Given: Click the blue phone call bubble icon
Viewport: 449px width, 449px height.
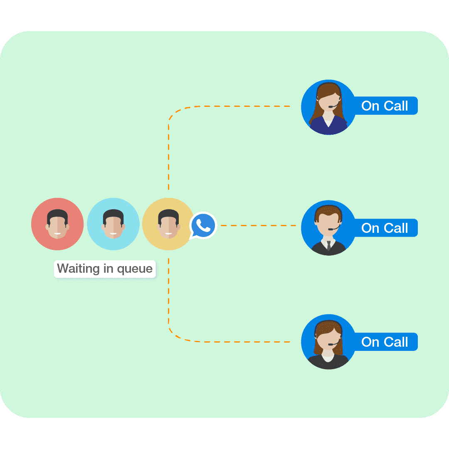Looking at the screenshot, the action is (x=203, y=225).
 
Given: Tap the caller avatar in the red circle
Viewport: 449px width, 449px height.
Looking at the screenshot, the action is (x=57, y=224).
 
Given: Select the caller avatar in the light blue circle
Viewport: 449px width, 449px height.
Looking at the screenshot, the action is (x=113, y=224).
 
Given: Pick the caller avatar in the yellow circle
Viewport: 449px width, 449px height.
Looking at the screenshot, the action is (x=168, y=224).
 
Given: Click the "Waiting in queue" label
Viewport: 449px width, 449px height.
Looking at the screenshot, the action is (x=105, y=269).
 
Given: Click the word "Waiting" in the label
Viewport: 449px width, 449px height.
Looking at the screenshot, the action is (x=78, y=269).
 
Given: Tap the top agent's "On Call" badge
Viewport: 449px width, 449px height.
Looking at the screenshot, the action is (x=385, y=106).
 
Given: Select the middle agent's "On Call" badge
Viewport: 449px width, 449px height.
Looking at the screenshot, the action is (x=385, y=228).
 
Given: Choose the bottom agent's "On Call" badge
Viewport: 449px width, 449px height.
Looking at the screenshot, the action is (x=385, y=342).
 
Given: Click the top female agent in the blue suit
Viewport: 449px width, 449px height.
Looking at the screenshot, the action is (x=328, y=107).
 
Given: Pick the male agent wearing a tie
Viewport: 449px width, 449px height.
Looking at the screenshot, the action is (x=328, y=228).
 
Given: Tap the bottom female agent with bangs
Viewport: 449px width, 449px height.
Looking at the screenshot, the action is (x=328, y=342).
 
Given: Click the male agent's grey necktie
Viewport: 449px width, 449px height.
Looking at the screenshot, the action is (x=329, y=245).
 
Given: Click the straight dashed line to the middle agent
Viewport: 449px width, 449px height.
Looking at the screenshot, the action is (x=258, y=226).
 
